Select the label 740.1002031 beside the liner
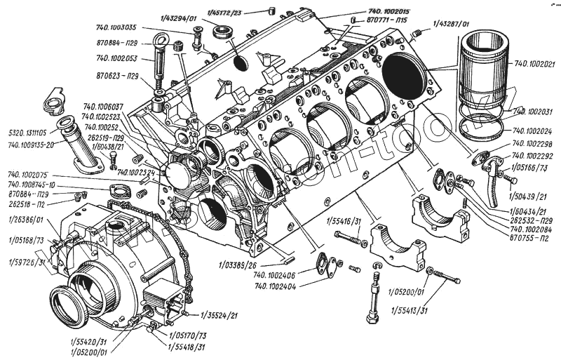(534, 112)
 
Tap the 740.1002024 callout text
(534, 131)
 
